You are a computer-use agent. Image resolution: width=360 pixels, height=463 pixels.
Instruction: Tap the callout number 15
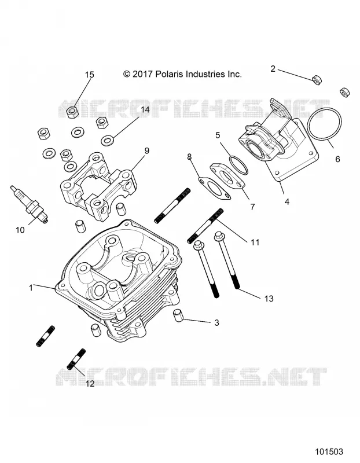[x=90, y=75]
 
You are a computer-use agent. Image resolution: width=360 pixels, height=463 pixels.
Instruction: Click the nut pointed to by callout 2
[x=316, y=80]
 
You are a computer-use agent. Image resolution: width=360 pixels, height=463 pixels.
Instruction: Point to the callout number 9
[x=146, y=151]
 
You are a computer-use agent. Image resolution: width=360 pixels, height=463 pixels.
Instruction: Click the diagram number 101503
[x=329, y=451]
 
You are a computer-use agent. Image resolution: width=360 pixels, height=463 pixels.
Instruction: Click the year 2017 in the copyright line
[x=142, y=74]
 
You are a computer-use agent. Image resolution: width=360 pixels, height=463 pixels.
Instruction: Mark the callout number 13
[x=269, y=299]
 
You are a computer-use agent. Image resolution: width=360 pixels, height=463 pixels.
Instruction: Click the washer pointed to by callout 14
[x=108, y=140]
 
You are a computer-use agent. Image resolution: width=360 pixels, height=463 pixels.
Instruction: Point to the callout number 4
[x=286, y=201]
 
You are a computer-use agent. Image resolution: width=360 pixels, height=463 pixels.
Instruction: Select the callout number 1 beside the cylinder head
[x=31, y=287]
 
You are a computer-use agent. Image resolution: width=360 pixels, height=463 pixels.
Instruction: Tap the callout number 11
[x=255, y=242]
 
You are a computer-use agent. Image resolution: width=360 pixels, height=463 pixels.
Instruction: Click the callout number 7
[x=252, y=207]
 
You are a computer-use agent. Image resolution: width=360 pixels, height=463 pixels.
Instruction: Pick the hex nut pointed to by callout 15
[x=71, y=112]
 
